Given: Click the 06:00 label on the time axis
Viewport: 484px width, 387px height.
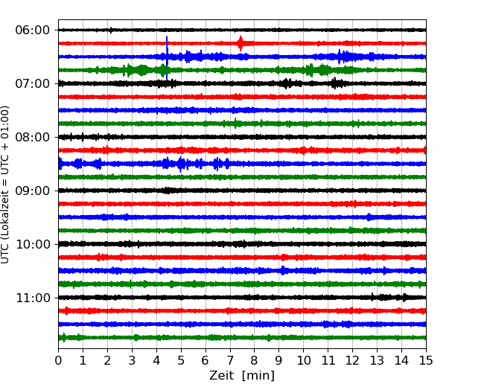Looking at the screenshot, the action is (33, 31).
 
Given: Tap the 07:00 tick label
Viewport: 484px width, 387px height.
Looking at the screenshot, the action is (33, 83).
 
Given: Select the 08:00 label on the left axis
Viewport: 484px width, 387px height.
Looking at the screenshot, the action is (33, 137).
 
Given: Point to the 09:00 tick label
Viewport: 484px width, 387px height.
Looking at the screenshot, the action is (33, 191).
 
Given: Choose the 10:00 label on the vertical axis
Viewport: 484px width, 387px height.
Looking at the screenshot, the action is (33, 244).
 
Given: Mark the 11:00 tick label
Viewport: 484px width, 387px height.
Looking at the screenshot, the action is (33, 298).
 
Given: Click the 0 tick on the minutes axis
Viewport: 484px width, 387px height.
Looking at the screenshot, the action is (58, 360).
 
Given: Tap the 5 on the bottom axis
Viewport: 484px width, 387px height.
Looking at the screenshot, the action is (181, 360).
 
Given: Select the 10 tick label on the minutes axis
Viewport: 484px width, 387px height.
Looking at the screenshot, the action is (303, 360).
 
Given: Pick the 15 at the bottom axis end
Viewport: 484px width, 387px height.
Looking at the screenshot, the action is (426, 360).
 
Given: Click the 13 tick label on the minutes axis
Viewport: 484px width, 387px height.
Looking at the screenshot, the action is (377, 360).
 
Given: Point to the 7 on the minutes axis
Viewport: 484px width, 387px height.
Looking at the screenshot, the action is (230, 360).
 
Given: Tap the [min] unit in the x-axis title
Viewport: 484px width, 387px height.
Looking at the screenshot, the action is (258, 376).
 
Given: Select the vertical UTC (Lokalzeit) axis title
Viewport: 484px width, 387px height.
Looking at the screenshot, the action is (5, 185).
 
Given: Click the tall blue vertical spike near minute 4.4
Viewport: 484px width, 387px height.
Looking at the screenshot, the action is (167, 58).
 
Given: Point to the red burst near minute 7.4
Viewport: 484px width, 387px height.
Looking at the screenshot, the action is (241, 43).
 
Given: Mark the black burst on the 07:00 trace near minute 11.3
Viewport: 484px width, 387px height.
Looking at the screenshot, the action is (337, 83).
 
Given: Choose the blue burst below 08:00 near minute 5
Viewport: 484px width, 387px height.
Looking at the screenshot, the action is (181, 164).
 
